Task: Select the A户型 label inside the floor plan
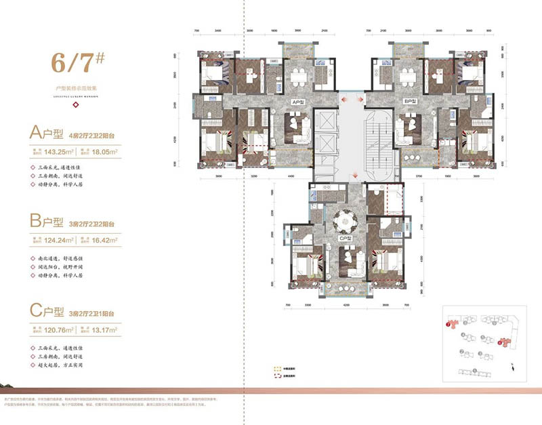tap(296, 102)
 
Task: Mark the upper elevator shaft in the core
tap(325, 126)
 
